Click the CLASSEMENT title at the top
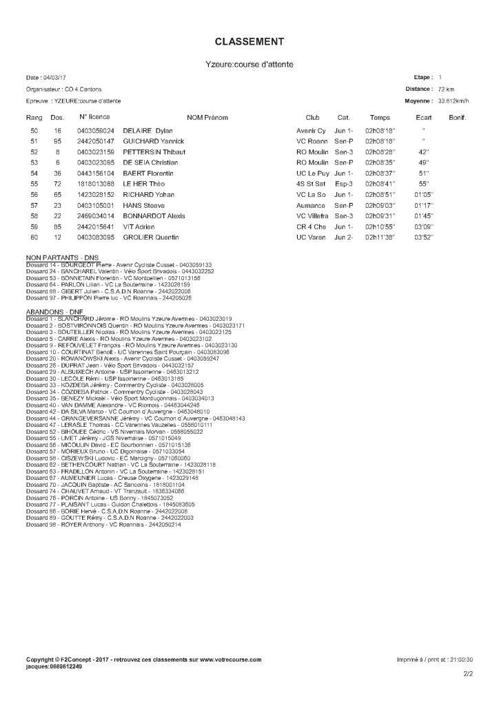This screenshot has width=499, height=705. pos(250,42)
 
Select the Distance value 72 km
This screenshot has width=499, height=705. pos(446,89)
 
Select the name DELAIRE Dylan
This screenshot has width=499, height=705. pos(147,130)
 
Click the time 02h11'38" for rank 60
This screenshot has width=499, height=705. pos(379,237)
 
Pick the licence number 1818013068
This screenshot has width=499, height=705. pos(96,184)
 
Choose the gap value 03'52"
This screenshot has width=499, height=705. pos(422,237)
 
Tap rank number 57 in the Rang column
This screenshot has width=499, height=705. pos(34,205)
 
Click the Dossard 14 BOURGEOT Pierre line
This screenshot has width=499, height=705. pos(119,264)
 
